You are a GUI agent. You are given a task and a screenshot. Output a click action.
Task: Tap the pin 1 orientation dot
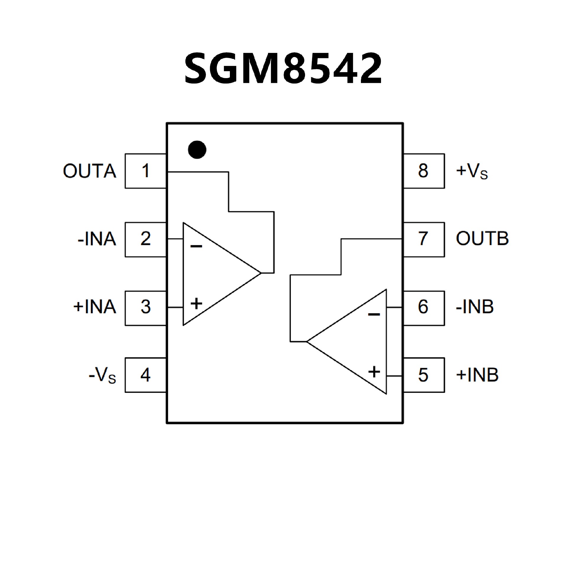[197, 149]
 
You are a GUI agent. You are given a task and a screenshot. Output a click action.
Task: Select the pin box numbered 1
[145, 171]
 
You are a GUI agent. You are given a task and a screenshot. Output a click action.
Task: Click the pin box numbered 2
[145, 239]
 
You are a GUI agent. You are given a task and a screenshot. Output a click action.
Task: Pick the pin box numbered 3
[145, 308]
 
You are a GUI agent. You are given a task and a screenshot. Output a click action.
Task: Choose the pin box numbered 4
[145, 375]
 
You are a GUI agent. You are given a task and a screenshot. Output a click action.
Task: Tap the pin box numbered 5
[423, 375]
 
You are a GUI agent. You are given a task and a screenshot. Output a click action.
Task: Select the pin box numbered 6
[423, 308]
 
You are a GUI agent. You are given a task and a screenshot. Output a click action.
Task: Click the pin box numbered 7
[423, 239]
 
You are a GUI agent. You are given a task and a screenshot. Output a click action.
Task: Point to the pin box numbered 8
[423, 171]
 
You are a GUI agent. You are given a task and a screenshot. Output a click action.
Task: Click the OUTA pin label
[89, 171]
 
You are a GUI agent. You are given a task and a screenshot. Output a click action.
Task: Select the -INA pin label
[97, 239]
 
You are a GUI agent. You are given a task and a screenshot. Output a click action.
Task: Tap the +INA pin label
[95, 307]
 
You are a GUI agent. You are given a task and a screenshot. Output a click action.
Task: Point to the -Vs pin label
[102, 376]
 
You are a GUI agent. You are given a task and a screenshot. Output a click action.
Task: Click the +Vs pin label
[472, 171]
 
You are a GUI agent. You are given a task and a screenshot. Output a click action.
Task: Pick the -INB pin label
[475, 307]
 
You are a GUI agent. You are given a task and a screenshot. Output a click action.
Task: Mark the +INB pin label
[477, 375]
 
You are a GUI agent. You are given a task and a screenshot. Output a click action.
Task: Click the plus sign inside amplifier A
[196, 303]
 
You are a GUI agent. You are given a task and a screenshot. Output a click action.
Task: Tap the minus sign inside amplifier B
[374, 314]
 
